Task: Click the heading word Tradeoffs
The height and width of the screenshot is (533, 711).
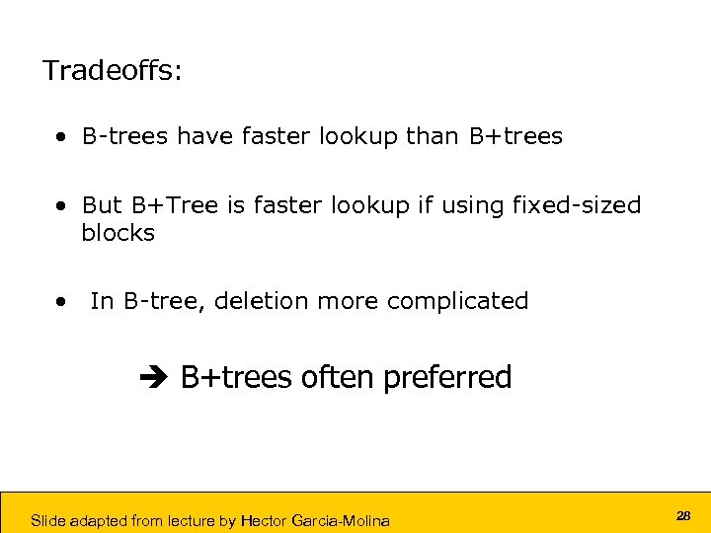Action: [112, 71]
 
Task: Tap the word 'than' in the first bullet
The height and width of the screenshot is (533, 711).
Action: [433, 136]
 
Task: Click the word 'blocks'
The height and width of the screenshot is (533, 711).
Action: [118, 233]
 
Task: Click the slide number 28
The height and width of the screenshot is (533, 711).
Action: [683, 516]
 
